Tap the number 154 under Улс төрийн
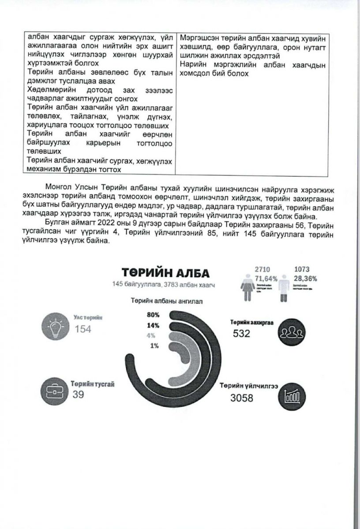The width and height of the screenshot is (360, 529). (x=83, y=329)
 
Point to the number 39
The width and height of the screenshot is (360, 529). (x=78, y=394)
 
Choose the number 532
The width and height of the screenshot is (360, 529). (x=241, y=333)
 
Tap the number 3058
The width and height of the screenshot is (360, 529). (x=242, y=399)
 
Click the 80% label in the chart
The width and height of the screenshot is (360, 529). (x=153, y=315)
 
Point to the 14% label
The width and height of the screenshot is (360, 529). (x=153, y=326)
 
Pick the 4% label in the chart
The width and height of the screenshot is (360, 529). (x=151, y=336)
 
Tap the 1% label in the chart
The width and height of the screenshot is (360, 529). (x=154, y=346)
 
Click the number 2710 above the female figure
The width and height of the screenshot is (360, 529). (x=262, y=269)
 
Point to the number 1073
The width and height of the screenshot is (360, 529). (x=303, y=269)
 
